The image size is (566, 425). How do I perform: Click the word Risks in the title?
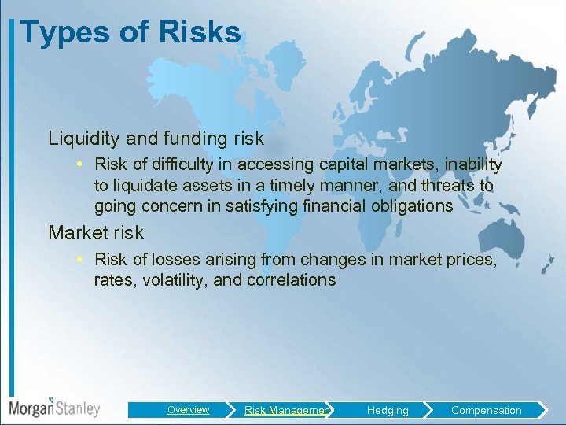click(200, 32)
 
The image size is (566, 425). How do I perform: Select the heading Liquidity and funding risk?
click(156, 139)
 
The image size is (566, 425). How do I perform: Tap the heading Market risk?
click(96, 233)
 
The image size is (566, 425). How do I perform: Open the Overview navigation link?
click(188, 410)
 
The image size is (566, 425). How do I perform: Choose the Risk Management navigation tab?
click(287, 410)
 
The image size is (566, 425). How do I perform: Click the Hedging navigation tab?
click(388, 410)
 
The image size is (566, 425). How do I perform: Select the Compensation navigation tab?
click(486, 410)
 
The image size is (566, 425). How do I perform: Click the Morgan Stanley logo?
click(54, 408)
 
